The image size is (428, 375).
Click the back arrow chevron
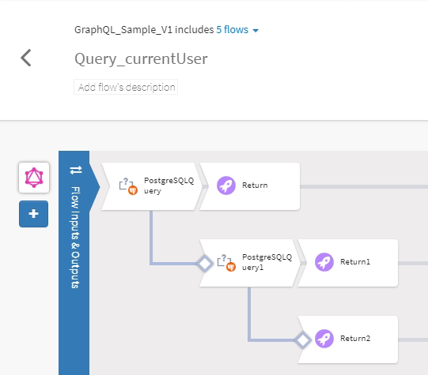point(26,58)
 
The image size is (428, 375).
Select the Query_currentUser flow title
point(141,59)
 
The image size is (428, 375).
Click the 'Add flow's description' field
point(127,88)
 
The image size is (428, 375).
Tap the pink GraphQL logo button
point(33,178)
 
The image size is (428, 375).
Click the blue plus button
point(33,213)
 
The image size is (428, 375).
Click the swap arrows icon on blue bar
point(76,170)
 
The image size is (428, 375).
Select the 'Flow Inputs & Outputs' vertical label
point(76,237)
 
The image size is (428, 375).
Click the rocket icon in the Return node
point(225,186)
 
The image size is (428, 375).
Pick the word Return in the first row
point(255,186)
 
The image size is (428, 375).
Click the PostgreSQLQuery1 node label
point(267,262)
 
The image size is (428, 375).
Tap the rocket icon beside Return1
point(324,262)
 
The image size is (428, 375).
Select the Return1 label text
point(355,262)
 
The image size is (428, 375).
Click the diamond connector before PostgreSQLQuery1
point(204,263)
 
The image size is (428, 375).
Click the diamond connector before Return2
point(302,340)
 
